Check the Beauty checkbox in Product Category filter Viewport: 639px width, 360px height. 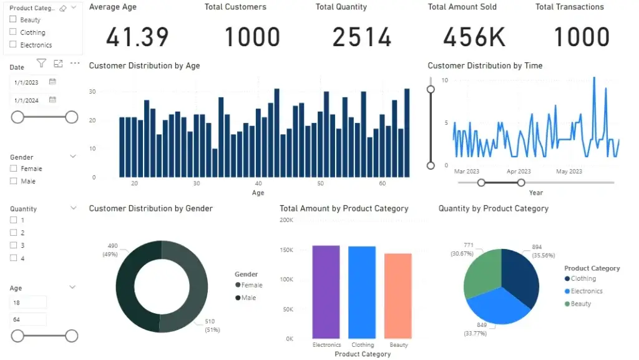pos(14,20)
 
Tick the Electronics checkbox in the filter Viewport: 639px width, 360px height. pos(14,45)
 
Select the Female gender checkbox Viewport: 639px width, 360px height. pos(14,168)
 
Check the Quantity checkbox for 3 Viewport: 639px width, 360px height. pos(14,245)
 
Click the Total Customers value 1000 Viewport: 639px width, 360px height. pos(252,37)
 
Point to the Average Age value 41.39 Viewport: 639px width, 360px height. pos(137,37)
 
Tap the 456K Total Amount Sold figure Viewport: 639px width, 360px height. pos(474,37)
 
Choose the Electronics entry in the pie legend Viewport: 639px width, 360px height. pos(586,291)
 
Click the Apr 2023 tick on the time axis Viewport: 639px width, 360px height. pos(519,172)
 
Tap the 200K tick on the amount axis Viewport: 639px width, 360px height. pos(286,220)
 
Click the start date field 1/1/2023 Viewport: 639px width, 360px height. pos(28,82)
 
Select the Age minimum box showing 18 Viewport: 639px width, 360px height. pos(28,302)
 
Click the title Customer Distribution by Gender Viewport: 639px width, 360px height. pos(150,208)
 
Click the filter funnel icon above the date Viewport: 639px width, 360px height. pos(41,63)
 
